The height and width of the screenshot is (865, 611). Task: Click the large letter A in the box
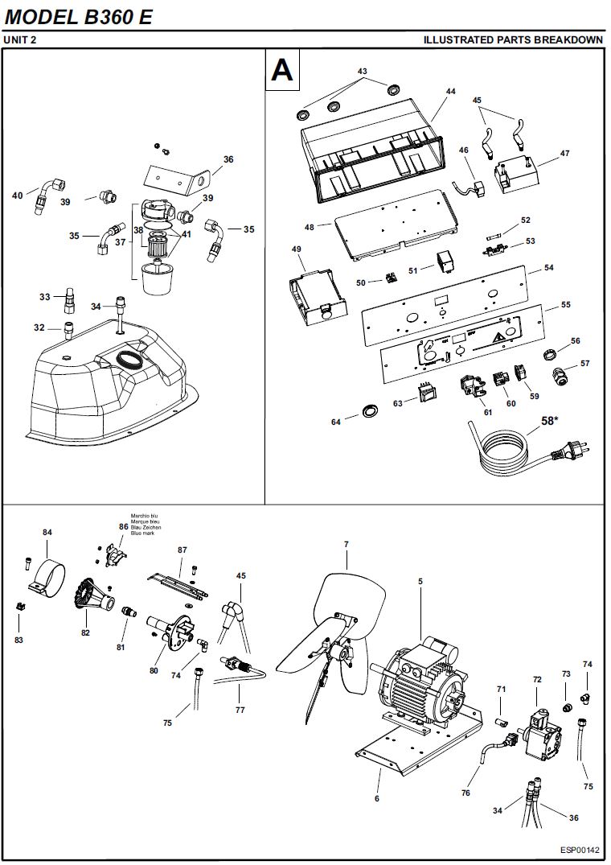(x=282, y=70)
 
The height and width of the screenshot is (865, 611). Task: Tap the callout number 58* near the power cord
(x=549, y=421)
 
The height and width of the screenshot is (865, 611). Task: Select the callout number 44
(x=451, y=92)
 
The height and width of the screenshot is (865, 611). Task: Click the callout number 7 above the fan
(x=346, y=545)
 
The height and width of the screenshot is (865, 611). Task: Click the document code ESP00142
(x=581, y=850)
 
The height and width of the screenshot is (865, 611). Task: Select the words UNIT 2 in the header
(x=20, y=39)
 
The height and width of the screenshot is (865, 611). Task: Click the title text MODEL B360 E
(x=78, y=17)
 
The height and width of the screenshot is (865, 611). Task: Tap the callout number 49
(x=297, y=249)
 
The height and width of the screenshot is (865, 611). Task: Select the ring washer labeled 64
(x=369, y=410)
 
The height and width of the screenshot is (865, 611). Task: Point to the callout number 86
(x=124, y=526)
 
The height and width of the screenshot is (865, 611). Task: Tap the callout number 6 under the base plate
(x=377, y=799)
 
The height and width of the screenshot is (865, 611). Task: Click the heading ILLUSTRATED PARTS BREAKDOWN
(x=513, y=39)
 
